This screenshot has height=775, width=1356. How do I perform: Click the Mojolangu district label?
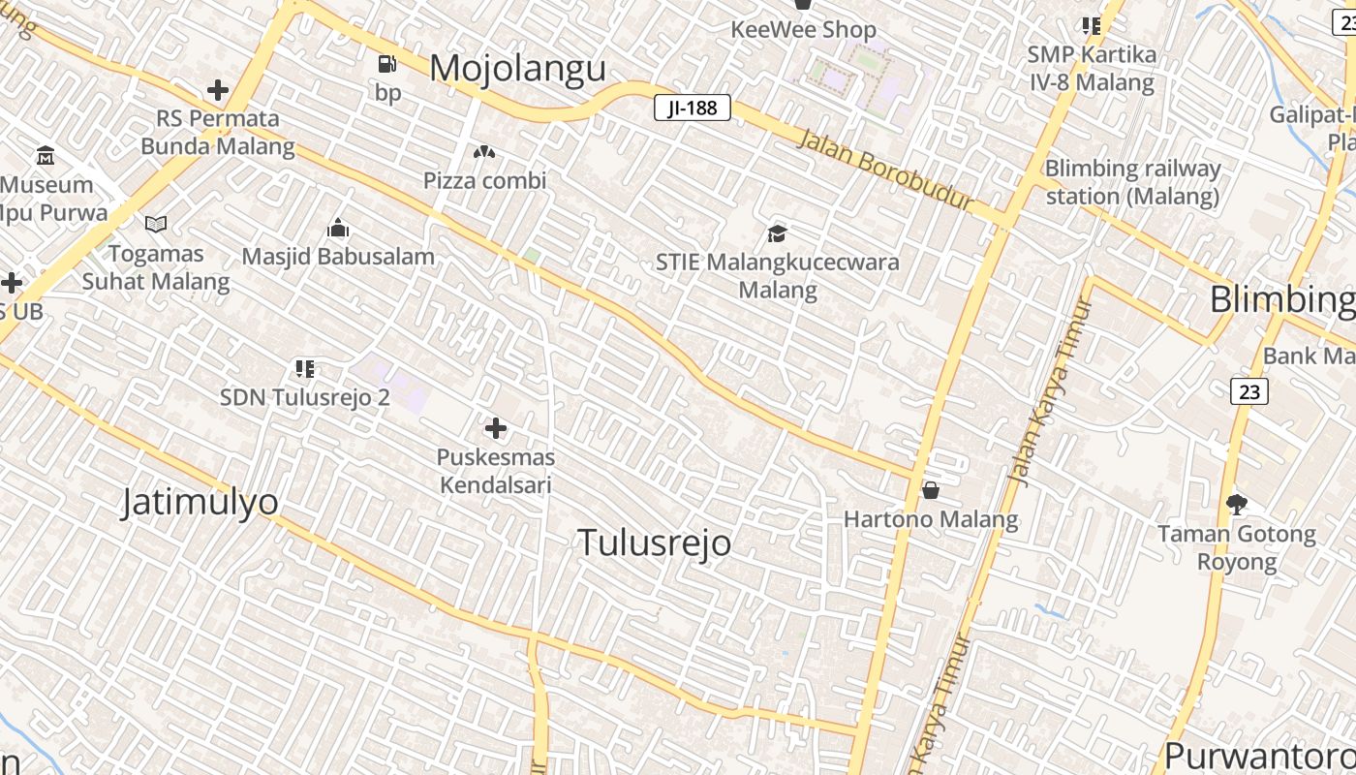pyautogui.click(x=517, y=69)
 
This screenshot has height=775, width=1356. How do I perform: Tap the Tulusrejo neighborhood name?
pyautogui.click(x=654, y=542)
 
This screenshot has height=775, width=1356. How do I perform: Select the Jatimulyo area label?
pyautogui.click(x=200, y=502)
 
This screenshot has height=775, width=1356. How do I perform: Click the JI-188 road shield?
pyautogui.click(x=692, y=108)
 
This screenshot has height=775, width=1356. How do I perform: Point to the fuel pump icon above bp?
pyautogui.click(x=387, y=64)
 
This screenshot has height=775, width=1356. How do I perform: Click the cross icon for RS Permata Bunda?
pyautogui.click(x=218, y=90)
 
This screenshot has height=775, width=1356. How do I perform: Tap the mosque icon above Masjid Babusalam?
pyautogui.click(x=338, y=228)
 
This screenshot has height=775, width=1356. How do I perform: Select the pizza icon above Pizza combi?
pyautogui.click(x=483, y=151)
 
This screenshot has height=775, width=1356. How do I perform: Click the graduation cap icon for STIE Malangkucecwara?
pyautogui.click(x=777, y=233)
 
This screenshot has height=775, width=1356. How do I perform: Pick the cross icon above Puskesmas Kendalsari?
pyautogui.click(x=495, y=427)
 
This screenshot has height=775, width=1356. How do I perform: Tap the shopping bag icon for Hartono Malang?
pyautogui.click(x=931, y=490)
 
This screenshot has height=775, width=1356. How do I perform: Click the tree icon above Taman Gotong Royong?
pyautogui.click(x=1236, y=504)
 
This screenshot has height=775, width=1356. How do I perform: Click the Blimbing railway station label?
pyautogui.click(x=1131, y=182)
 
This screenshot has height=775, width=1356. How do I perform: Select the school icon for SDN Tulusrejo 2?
pyautogui.click(x=305, y=368)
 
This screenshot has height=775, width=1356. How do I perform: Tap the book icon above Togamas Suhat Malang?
pyautogui.click(x=155, y=225)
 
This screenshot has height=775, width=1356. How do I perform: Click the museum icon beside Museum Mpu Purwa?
pyautogui.click(x=46, y=155)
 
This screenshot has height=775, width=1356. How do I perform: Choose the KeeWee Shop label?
pyautogui.click(x=803, y=30)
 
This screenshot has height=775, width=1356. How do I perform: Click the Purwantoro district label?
pyautogui.click(x=1259, y=756)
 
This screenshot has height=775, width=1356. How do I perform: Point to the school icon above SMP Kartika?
pyautogui.click(x=1092, y=26)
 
